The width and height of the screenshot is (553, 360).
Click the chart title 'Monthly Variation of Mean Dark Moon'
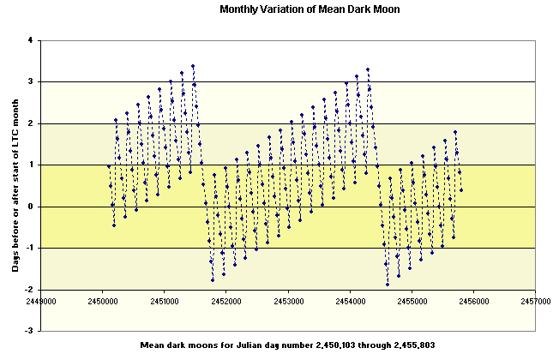[298, 10]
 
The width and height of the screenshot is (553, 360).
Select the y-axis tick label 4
[30, 40]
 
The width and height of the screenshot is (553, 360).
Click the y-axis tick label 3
[30, 82]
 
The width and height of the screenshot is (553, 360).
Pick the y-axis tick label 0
[30, 207]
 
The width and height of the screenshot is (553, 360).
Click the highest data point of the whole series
[193, 66]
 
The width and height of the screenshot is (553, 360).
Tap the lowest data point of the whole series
[388, 284]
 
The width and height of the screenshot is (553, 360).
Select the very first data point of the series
[109, 166]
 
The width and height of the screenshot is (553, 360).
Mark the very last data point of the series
[461, 189]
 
